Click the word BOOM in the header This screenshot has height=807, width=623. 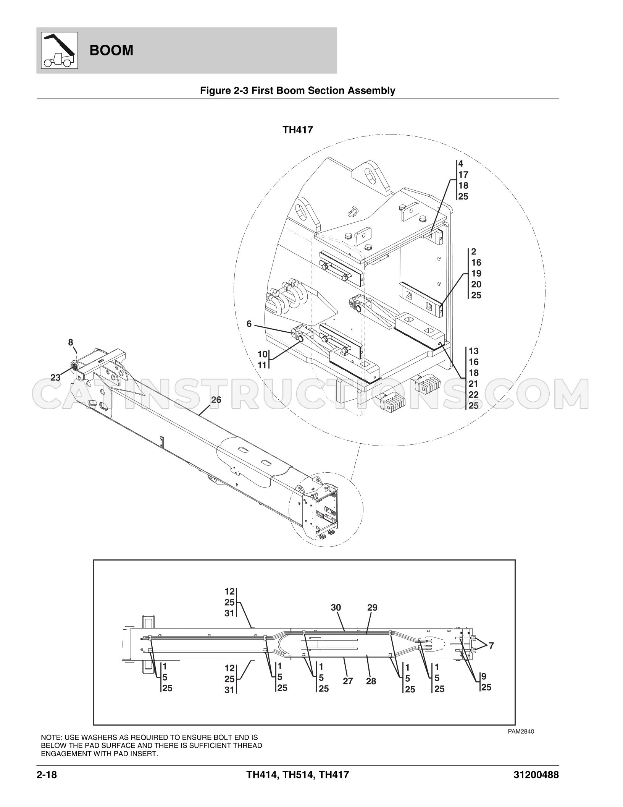point(111,50)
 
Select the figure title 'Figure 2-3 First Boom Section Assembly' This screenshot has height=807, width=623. point(298,91)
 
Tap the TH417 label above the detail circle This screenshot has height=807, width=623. point(298,130)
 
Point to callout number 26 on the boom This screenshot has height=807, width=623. point(216,400)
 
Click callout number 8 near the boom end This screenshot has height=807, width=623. point(71,342)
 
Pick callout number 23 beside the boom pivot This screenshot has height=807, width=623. point(56,378)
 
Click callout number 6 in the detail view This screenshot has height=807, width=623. point(249,324)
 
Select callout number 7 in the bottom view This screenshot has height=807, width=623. point(491,646)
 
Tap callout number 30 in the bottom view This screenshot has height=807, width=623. point(336,608)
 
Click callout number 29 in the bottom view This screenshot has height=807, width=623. point(372,608)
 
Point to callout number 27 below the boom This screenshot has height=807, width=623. point(348,681)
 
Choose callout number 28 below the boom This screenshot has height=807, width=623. point(371,681)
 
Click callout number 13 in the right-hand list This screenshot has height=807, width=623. point(474,351)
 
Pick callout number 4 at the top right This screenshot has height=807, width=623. point(461,164)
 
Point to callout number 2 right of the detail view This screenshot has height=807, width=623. point(474,251)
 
